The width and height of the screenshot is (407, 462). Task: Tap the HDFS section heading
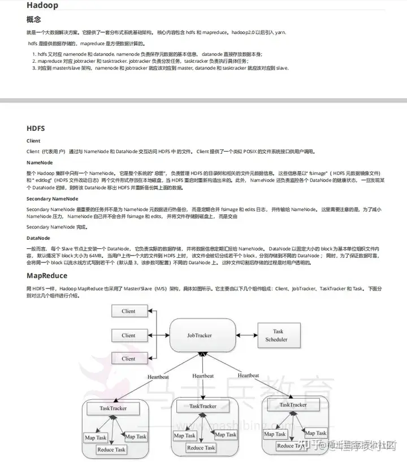point(36,128)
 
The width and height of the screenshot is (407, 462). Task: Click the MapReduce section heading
point(47,275)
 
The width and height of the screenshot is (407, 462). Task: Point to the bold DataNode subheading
point(38,238)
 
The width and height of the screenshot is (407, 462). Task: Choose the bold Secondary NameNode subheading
point(52,198)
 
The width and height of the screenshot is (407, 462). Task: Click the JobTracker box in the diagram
point(199,335)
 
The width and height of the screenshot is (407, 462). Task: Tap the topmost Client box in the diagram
point(128,311)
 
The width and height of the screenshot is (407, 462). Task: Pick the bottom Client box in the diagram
point(128,359)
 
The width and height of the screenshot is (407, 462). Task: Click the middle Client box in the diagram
point(128,335)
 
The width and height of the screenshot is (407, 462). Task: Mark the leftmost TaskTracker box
point(112,408)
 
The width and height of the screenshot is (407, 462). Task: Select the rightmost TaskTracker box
point(293,405)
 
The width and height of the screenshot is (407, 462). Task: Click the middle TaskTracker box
point(202,406)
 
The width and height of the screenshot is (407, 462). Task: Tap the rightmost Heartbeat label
point(248,375)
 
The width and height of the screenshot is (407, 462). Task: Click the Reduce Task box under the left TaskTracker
point(112,450)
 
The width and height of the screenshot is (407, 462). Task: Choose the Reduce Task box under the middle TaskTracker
point(201,448)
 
